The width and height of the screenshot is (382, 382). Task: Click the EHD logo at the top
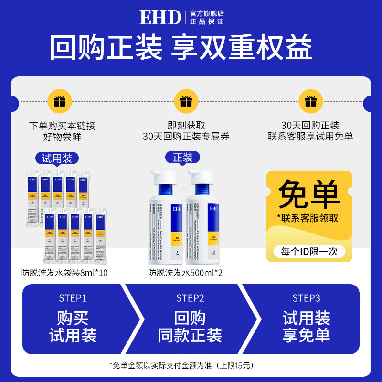160,17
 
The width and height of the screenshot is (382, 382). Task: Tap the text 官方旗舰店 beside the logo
207,13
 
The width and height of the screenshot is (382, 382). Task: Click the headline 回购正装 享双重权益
191,48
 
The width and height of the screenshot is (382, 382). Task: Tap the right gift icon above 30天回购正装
310,101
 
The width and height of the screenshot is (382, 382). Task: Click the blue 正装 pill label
182,158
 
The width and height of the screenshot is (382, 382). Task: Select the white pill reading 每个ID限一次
309,251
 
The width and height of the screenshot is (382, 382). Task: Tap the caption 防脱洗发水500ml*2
185,274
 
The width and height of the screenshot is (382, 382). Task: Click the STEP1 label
73,298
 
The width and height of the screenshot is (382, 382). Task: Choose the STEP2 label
190,298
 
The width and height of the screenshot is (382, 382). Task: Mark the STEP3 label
306,298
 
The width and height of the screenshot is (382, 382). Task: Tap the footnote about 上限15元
181,365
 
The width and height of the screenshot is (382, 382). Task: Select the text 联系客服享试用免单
310,137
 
